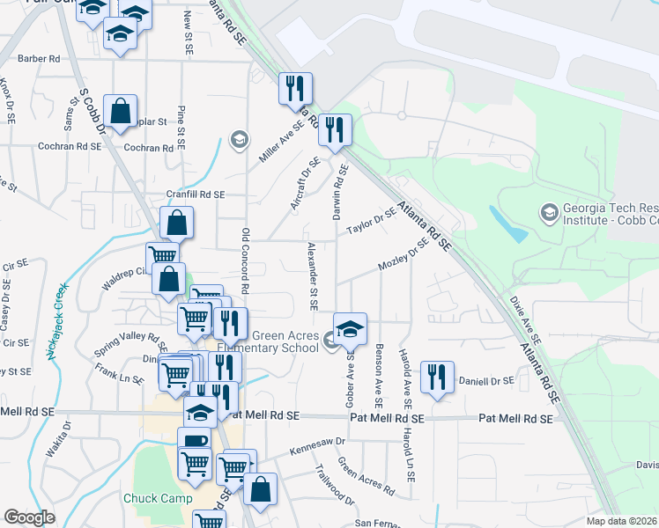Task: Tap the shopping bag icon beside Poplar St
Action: point(120,112)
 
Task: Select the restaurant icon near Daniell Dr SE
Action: point(437,377)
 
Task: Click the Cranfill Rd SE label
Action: point(196,194)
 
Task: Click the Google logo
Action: point(29,517)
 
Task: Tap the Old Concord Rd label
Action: point(246,260)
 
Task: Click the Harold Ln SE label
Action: point(411,456)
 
